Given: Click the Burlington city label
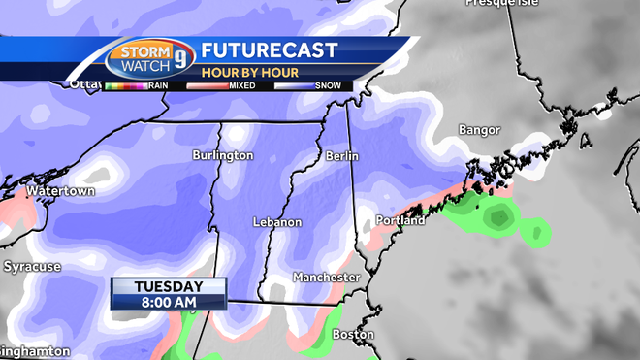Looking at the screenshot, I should click(x=222, y=155).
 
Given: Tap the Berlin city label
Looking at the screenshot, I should click(x=342, y=155).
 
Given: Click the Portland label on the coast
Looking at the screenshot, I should click(x=400, y=221).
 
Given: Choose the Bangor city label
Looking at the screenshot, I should click(x=480, y=130).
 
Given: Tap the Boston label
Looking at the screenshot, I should click(x=353, y=335).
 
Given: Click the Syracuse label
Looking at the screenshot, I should click(x=32, y=266).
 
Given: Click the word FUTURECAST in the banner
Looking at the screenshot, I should click(x=269, y=50).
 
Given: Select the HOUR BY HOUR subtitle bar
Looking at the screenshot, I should click(x=242, y=71).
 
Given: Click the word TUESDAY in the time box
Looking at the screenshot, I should click(x=169, y=286).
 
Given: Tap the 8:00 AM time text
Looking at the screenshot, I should click(x=169, y=302).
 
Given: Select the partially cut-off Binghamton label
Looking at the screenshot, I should click(x=35, y=351).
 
